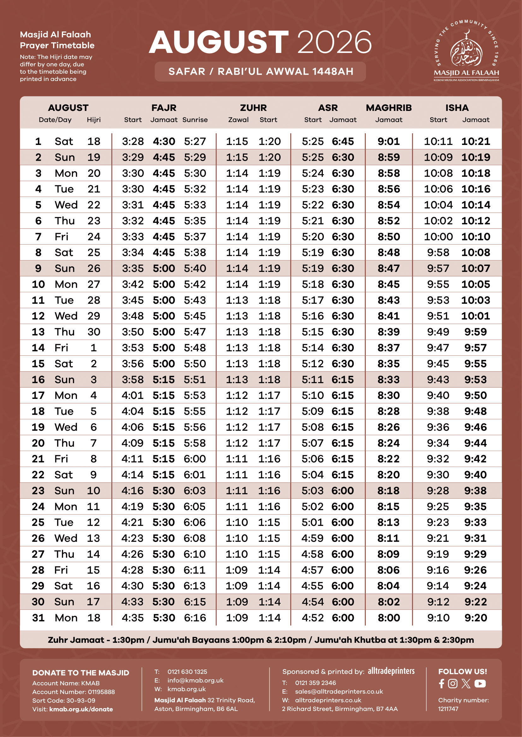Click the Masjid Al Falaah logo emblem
(466, 51)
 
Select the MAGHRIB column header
(389, 108)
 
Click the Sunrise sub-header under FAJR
(195, 120)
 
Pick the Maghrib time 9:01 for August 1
(389, 141)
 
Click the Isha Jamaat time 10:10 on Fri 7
(475, 237)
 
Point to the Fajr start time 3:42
(133, 284)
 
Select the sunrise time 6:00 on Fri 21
(195, 459)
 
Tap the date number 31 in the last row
(38, 618)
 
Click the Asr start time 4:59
(312, 538)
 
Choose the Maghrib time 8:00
(389, 618)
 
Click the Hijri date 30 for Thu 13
(94, 331)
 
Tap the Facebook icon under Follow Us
(442, 684)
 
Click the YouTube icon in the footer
(480, 684)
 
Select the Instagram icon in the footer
(453, 684)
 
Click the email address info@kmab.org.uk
(195, 680)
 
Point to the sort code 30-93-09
(86, 700)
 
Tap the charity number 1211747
(448, 709)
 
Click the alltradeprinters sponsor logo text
(391, 671)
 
